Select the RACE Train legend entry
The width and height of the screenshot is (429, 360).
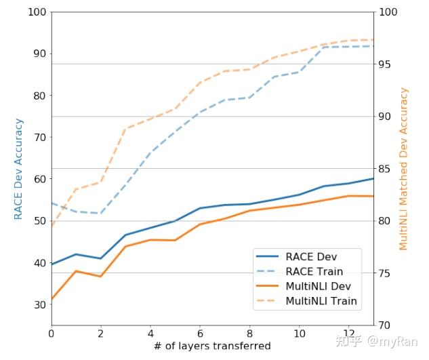(x=300, y=272)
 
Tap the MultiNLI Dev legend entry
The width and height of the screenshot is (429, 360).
(x=304, y=286)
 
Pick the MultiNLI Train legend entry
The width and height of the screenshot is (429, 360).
(x=307, y=301)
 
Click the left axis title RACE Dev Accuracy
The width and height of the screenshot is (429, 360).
(x=18, y=169)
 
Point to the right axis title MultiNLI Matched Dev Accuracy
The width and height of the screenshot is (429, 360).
(x=403, y=169)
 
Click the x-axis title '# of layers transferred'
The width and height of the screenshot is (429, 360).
(x=212, y=346)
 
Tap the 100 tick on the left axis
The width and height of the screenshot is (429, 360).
(x=37, y=12)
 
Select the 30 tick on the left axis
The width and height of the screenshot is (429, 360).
(x=40, y=304)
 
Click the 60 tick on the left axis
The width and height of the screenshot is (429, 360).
(x=40, y=179)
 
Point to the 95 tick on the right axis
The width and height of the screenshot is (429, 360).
(x=385, y=64)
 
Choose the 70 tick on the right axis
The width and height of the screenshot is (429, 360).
(x=385, y=325)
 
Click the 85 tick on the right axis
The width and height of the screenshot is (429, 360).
(x=385, y=169)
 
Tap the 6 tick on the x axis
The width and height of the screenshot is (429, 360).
(x=200, y=334)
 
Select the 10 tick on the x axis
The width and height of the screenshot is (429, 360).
(x=300, y=334)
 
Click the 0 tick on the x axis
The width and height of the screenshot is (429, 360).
(x=52, y=334)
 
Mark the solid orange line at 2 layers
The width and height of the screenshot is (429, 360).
(x=101, y=276)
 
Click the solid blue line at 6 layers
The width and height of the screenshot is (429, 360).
(x=200, y=208)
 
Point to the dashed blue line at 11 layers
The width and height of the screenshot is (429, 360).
(x=324, y=47)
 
